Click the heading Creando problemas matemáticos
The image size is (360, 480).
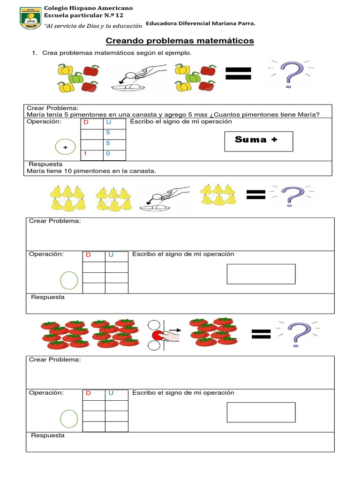[x=180, y=41]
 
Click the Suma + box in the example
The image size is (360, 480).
[x=258, y=141]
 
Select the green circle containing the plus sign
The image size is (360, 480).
[x=65, y=147]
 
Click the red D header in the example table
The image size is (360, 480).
[x=86, y=123]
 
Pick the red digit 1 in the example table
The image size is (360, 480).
[x=86, y=154]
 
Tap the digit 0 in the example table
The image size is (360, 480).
[x=108, y=154]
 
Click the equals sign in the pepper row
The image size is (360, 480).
[x=239, y=73]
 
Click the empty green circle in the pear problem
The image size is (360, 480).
[x=69, y=280]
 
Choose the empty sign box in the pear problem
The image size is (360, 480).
[x=261, y=274]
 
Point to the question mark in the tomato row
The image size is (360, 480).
[x=300, y=333]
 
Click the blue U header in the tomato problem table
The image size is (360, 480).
[x=111, y=393]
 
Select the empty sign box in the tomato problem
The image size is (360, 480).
[x=261, y=412]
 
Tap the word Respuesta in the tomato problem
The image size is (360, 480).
[x=48, y=435]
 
